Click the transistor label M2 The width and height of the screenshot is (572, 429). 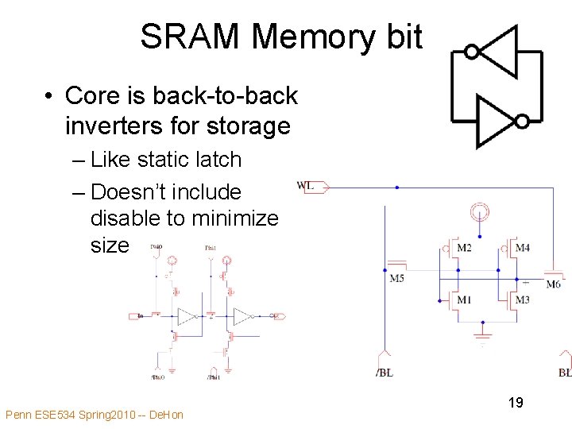[x=464, y=249]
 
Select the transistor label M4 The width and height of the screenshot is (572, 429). [x=522, y=249]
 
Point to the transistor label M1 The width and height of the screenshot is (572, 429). [x=464, y=300]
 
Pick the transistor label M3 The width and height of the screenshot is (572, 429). [x=522, y=300]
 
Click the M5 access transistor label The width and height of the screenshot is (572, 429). [x=396, y=278]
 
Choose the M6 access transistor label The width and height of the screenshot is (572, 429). [x=553, y=284]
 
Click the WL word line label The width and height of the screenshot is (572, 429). [x=306, y=186]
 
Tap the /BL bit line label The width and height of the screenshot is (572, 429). [x=384, y=373]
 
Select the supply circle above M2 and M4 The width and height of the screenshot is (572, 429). [x=479, y=212]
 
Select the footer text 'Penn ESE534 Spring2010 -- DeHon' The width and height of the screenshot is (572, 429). [x=94, y=415]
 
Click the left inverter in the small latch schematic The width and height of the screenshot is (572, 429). [x=187, y=316]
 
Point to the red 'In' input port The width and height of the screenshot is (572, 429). [x=137, y=316]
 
